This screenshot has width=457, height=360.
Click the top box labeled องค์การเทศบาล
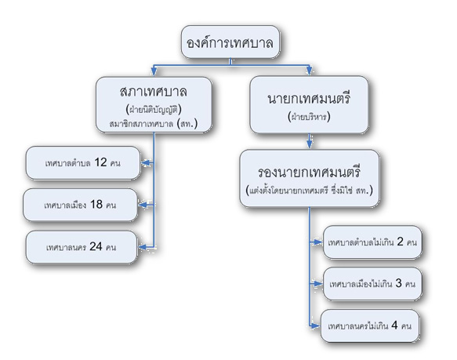(x=230, y=42)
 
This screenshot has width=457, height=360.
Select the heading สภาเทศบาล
(x=154, y=92)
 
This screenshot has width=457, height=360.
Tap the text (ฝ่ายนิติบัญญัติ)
(x=154, y=109)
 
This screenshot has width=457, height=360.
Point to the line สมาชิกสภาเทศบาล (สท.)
(x=154, y=124)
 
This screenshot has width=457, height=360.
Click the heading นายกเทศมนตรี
(x=309, y=98)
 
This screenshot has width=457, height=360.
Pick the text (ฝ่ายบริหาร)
(x=309, y=117)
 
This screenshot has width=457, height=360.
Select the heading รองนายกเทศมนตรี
(x=309, y=172)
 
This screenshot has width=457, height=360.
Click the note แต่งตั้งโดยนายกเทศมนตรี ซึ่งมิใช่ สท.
(x=309, y=191)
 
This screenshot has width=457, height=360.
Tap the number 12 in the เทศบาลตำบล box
(x=100, y=162)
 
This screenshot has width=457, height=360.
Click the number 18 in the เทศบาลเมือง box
(x=96, y=204)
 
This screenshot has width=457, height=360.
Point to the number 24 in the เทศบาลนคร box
(x=96, y=246)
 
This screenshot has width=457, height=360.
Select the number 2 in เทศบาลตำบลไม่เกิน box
(x=400, y=242)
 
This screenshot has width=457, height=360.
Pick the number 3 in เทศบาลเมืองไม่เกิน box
(x=398, y=282)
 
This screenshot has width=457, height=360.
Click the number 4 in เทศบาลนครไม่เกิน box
(x=394, y=325)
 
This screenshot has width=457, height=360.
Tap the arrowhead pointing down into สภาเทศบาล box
(x=154, y=71)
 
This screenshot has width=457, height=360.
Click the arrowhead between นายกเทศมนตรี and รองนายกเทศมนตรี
(x=310, y=144)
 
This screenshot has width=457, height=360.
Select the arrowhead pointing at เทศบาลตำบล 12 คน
(x=147, y=163)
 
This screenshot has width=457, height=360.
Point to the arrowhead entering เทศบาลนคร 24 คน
(x=143, y=247)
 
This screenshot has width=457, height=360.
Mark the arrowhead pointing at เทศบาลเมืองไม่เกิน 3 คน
(x=317, y=283)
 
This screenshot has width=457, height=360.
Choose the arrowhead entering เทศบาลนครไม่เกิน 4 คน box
(x=315, y=325)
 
